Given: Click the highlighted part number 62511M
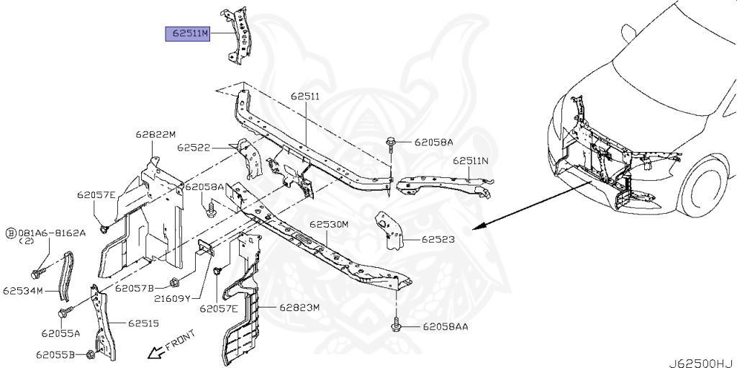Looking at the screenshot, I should [x=187, y=33].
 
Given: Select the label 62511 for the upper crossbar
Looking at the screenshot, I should [x=305, y=96].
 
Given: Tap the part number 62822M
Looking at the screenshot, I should [x=155, y=134].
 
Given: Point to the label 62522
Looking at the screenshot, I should [x=194, y=148].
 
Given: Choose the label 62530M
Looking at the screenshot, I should [x=329, y=225].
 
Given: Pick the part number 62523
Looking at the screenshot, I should [x=438, y=239].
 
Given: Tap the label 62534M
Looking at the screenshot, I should [x=23, y=291].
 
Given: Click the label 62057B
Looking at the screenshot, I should [x=135, y=288].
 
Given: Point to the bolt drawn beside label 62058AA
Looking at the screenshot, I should [x=397, y=326].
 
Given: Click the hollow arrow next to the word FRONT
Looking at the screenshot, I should [x=153, y=351].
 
